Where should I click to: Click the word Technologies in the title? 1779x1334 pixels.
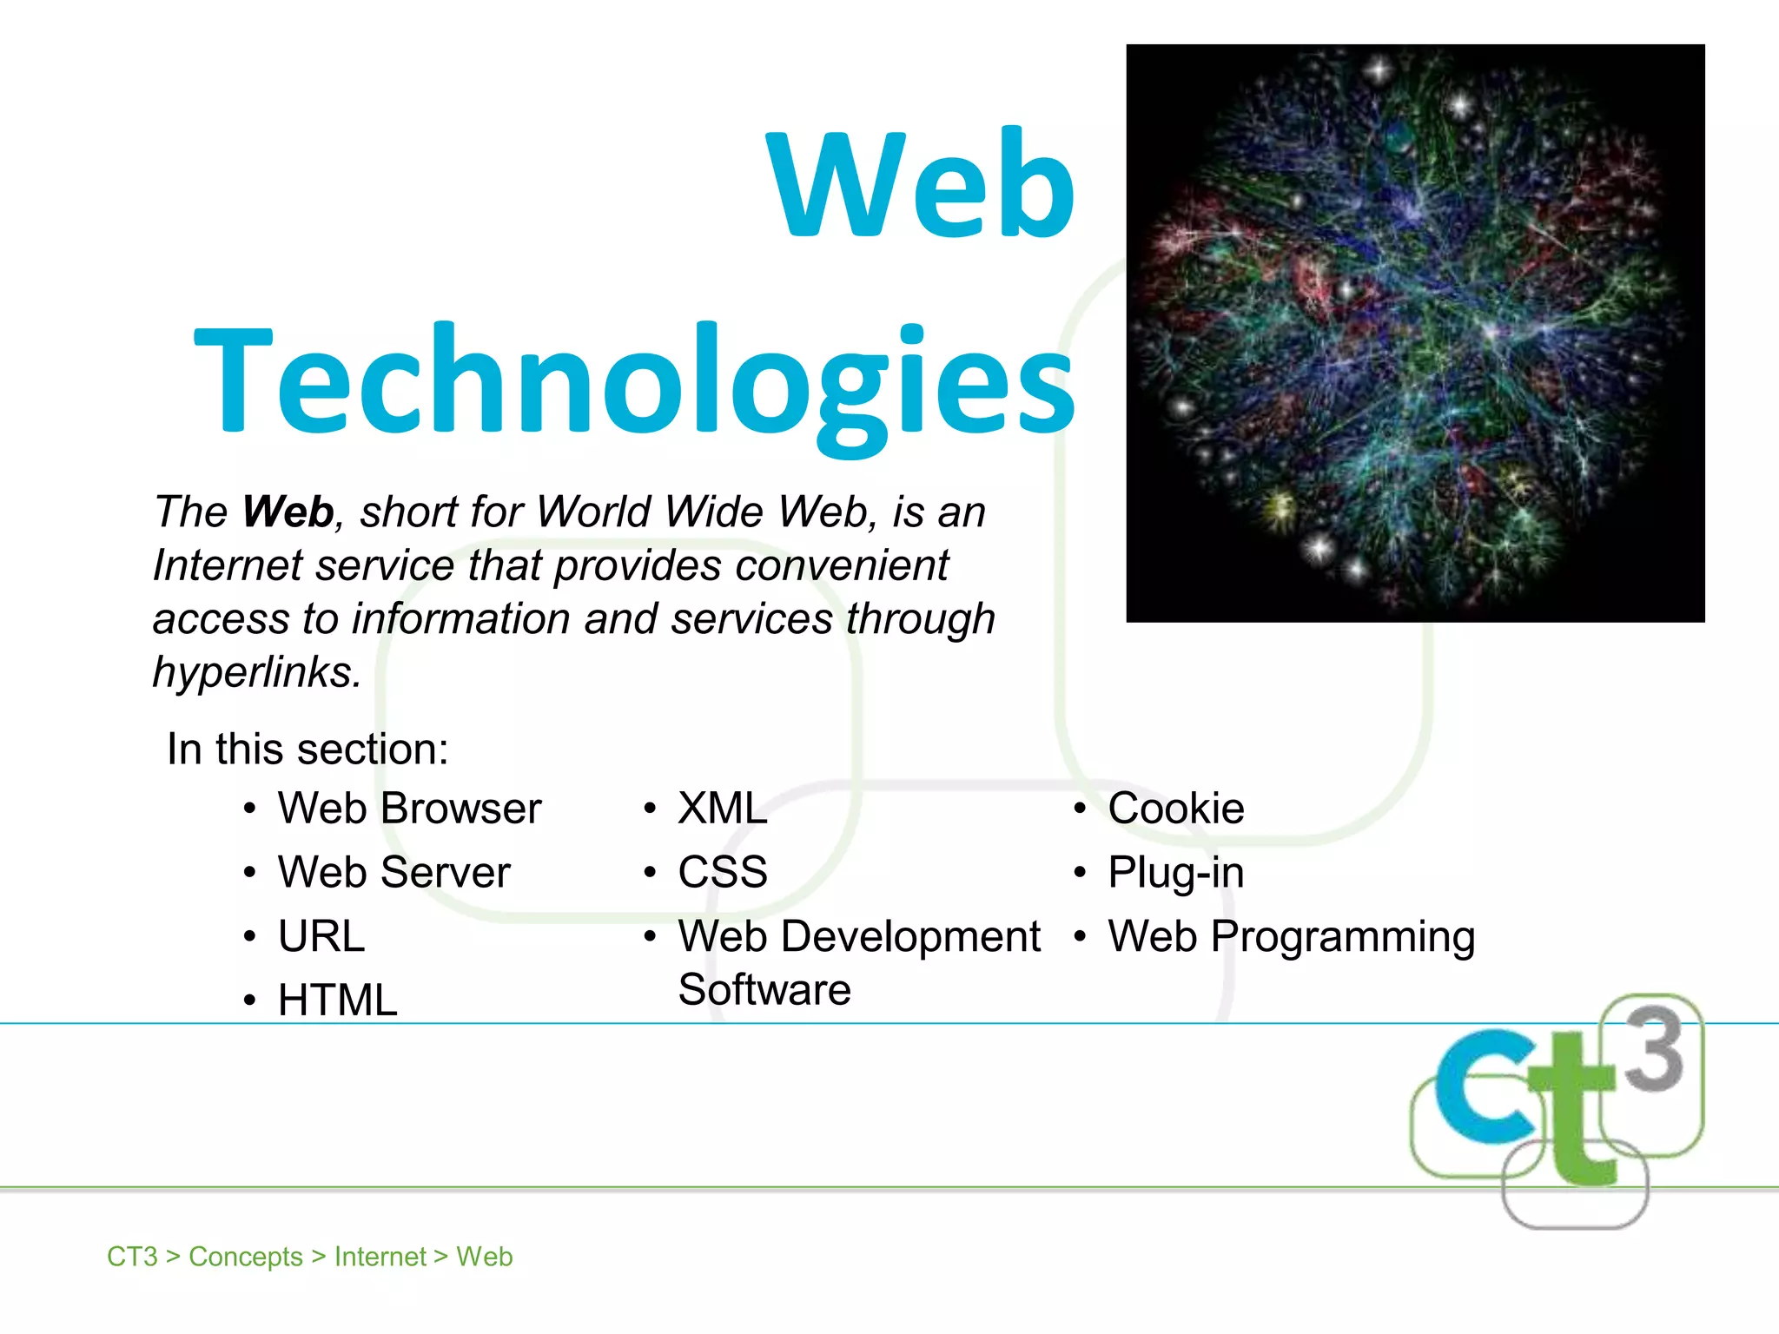click(634, 382)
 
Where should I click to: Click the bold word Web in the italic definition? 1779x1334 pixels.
click(288, 512)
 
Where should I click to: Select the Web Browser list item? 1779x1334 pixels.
click(409, 809)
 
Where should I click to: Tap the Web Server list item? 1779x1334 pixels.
click(393, 872)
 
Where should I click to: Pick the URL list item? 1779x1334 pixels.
click(321, 936)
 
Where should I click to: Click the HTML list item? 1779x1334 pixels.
click(337, 1000)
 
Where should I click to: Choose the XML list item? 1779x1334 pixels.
click(723, 809)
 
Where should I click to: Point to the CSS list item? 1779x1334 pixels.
click(723, 872)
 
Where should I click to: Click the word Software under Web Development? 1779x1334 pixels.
click(764, 990)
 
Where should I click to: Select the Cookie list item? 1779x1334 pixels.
click(1175, 809)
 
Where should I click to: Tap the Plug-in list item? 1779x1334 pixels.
click(1175, 872)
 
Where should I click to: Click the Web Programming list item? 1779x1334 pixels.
click(1292, 936)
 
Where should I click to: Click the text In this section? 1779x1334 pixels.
click(308, 749)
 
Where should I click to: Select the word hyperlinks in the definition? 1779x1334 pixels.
click(255, 671)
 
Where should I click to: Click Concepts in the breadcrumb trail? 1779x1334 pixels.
click(246, 1257)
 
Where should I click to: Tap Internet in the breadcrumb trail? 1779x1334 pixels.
click(380, 1257)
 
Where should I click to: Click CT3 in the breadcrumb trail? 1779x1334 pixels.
click(132, 1257)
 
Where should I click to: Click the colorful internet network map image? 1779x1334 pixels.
click(1415, 333)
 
